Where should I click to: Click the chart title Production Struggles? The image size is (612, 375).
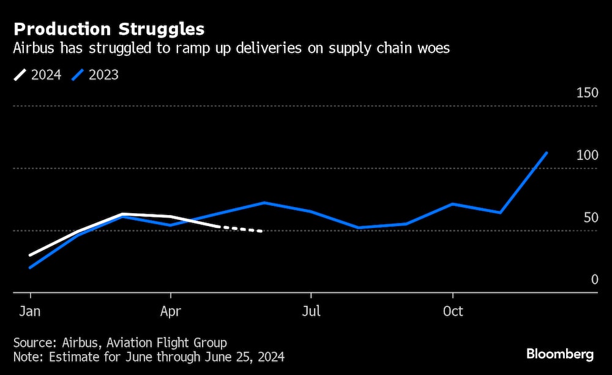click(109, 29)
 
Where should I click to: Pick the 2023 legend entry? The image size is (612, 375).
click(95, 75)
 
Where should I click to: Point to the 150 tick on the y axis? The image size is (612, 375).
click(587, 93)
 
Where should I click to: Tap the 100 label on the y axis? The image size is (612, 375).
click(587, 156)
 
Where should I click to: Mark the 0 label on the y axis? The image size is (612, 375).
click(594, 280)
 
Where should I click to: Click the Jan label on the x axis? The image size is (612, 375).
click(30, 311)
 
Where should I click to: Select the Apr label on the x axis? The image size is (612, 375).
click(171, 311)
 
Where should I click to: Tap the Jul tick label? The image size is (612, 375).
click(311, 311)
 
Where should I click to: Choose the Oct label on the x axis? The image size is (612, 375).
click(453, 311)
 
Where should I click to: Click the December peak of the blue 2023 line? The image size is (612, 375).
click(547, 153)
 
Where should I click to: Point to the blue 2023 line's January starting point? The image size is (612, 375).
click(30, 267)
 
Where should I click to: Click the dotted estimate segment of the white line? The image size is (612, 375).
click(241, 229)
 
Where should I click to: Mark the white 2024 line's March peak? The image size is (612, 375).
click(123, 214)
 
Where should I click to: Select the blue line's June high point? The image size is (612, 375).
click(264, 202)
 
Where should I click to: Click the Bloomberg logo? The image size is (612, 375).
click(560, 354)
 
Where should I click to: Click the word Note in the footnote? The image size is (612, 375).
click(26, 356)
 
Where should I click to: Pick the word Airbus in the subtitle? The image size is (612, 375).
click(34, 49)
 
